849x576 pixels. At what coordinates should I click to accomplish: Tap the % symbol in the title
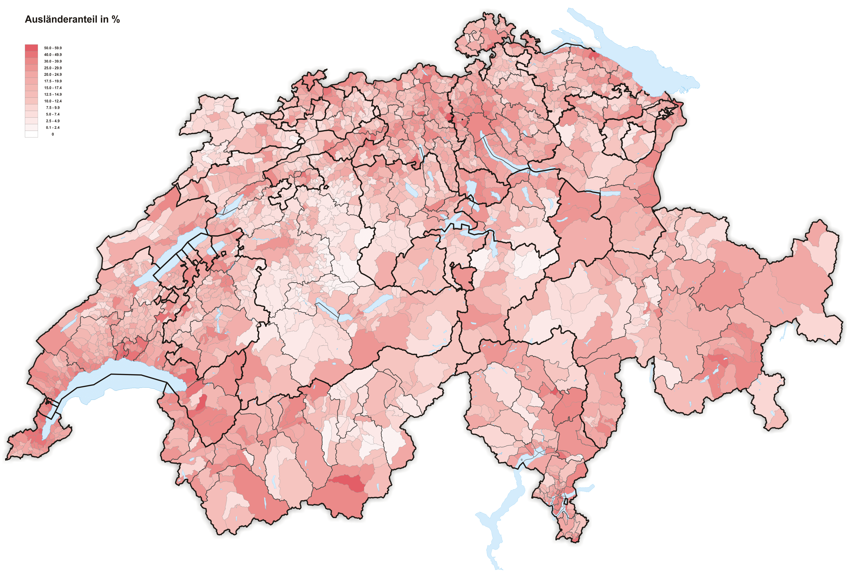point(116,20)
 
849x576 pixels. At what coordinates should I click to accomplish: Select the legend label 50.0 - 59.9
point(53,48)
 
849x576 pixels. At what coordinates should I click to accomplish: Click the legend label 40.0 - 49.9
point(53,54)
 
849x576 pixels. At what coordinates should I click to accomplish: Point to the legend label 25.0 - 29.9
point(53,68)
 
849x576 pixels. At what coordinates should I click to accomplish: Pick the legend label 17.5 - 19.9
point(53,81)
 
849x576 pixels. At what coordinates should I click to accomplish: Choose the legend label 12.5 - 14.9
point(53,94)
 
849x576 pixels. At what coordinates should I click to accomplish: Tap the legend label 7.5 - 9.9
point(53,108)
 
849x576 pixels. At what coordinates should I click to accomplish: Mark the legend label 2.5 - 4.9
point(53,121)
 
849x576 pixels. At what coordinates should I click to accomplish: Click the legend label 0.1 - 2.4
point(53,128)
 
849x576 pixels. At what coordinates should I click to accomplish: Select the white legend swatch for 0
point(31,134)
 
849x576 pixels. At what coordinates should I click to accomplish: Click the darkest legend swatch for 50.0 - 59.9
point(31,48)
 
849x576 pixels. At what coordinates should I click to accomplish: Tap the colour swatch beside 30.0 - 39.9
point(31,61)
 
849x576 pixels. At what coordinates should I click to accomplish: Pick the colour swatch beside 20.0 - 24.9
point(31,75)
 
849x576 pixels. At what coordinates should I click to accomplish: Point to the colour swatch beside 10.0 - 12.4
point(31,101)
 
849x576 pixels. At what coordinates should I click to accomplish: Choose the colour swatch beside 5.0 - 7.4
point(31,114)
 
